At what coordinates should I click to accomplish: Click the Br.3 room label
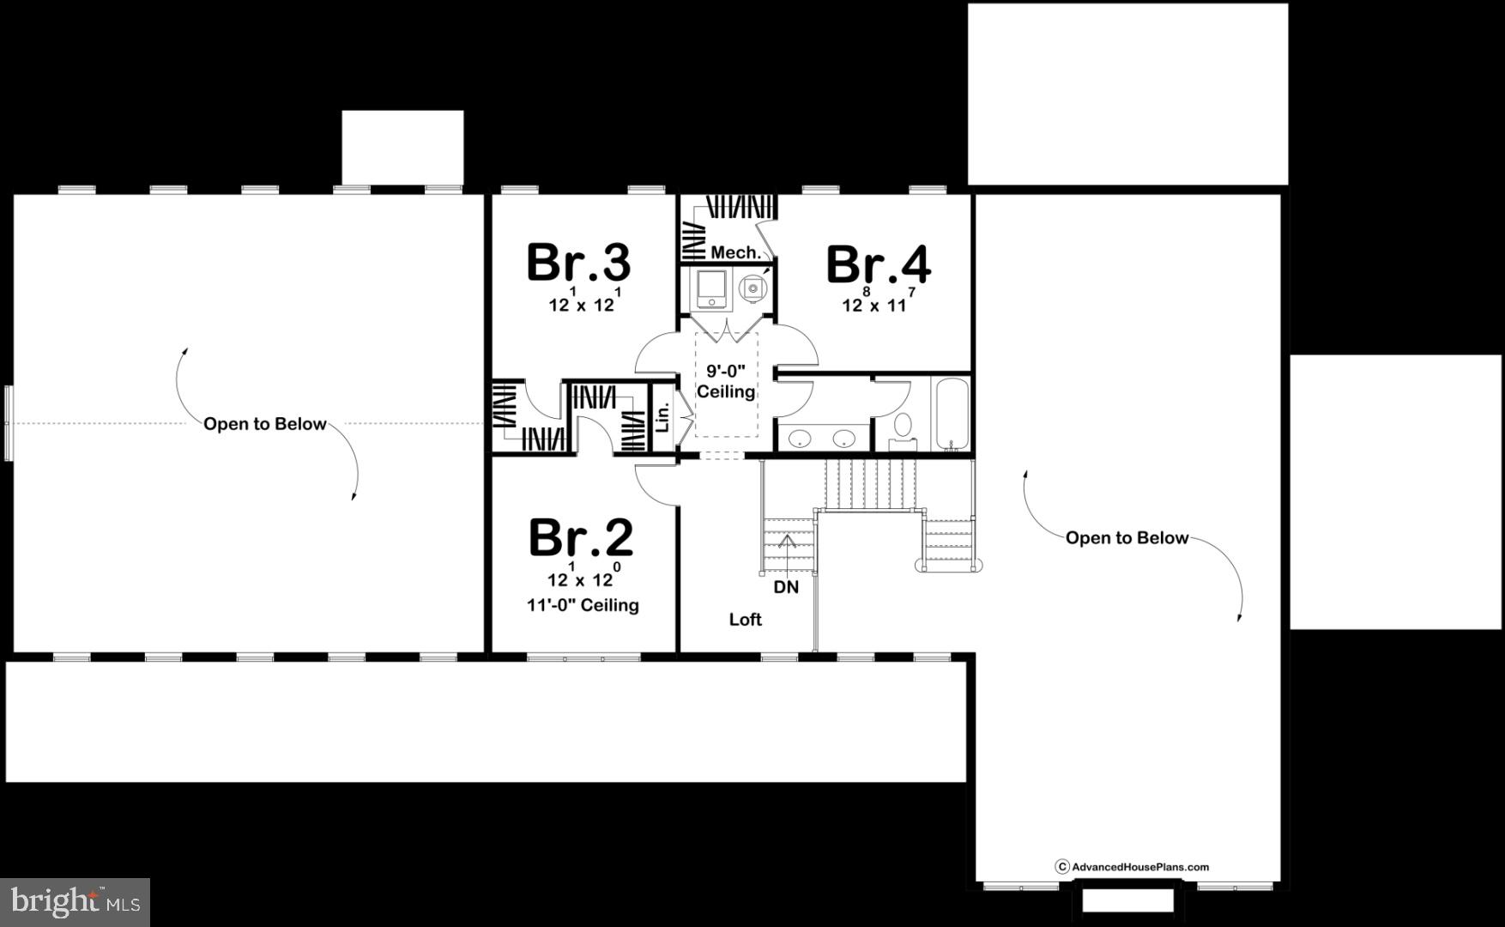(578, 262)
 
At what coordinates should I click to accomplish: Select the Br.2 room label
(581, 537)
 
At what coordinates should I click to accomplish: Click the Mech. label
(735, 252)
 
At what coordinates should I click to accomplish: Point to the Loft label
(745, 619)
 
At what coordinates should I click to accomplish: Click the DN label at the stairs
(786, 587)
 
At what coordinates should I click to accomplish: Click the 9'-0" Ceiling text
(726, 382)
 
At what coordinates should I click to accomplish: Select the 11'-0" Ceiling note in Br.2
(583, 605)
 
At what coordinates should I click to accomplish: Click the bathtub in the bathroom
(951, 412)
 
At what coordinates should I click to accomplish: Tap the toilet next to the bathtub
(903, 427)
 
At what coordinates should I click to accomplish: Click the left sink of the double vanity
(800, 439)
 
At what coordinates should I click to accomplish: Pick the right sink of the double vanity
(843, 439)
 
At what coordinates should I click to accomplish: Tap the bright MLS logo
(75, 901)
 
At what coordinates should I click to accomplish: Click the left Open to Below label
(264, 424)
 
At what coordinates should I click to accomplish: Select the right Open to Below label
(1127, 538)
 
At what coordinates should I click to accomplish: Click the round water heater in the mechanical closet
(752, 288)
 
